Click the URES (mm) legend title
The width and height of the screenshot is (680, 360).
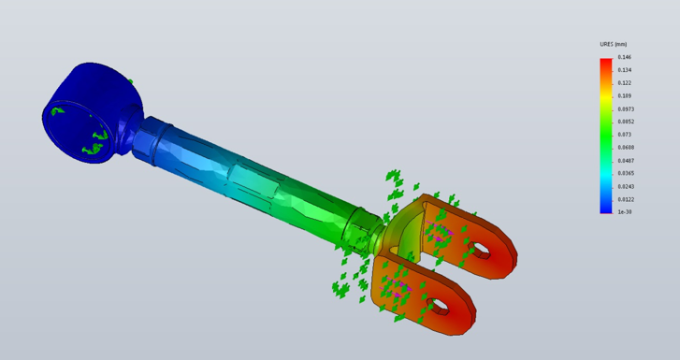click(614, 44)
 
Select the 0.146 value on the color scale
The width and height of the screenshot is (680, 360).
click(625, 57)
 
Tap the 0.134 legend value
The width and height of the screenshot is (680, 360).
click(625, 70)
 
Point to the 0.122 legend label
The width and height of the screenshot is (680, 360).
click(625, 83)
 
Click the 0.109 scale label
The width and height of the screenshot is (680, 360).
click(625, 96)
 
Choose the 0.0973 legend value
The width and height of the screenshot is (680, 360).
click(626, 108)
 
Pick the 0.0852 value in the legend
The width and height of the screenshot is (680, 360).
click(626, 122)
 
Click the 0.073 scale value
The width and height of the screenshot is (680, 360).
click(625, 135)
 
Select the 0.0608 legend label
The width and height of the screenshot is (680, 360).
click(626, 148)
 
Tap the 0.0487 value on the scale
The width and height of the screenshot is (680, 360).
click(626, 161)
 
